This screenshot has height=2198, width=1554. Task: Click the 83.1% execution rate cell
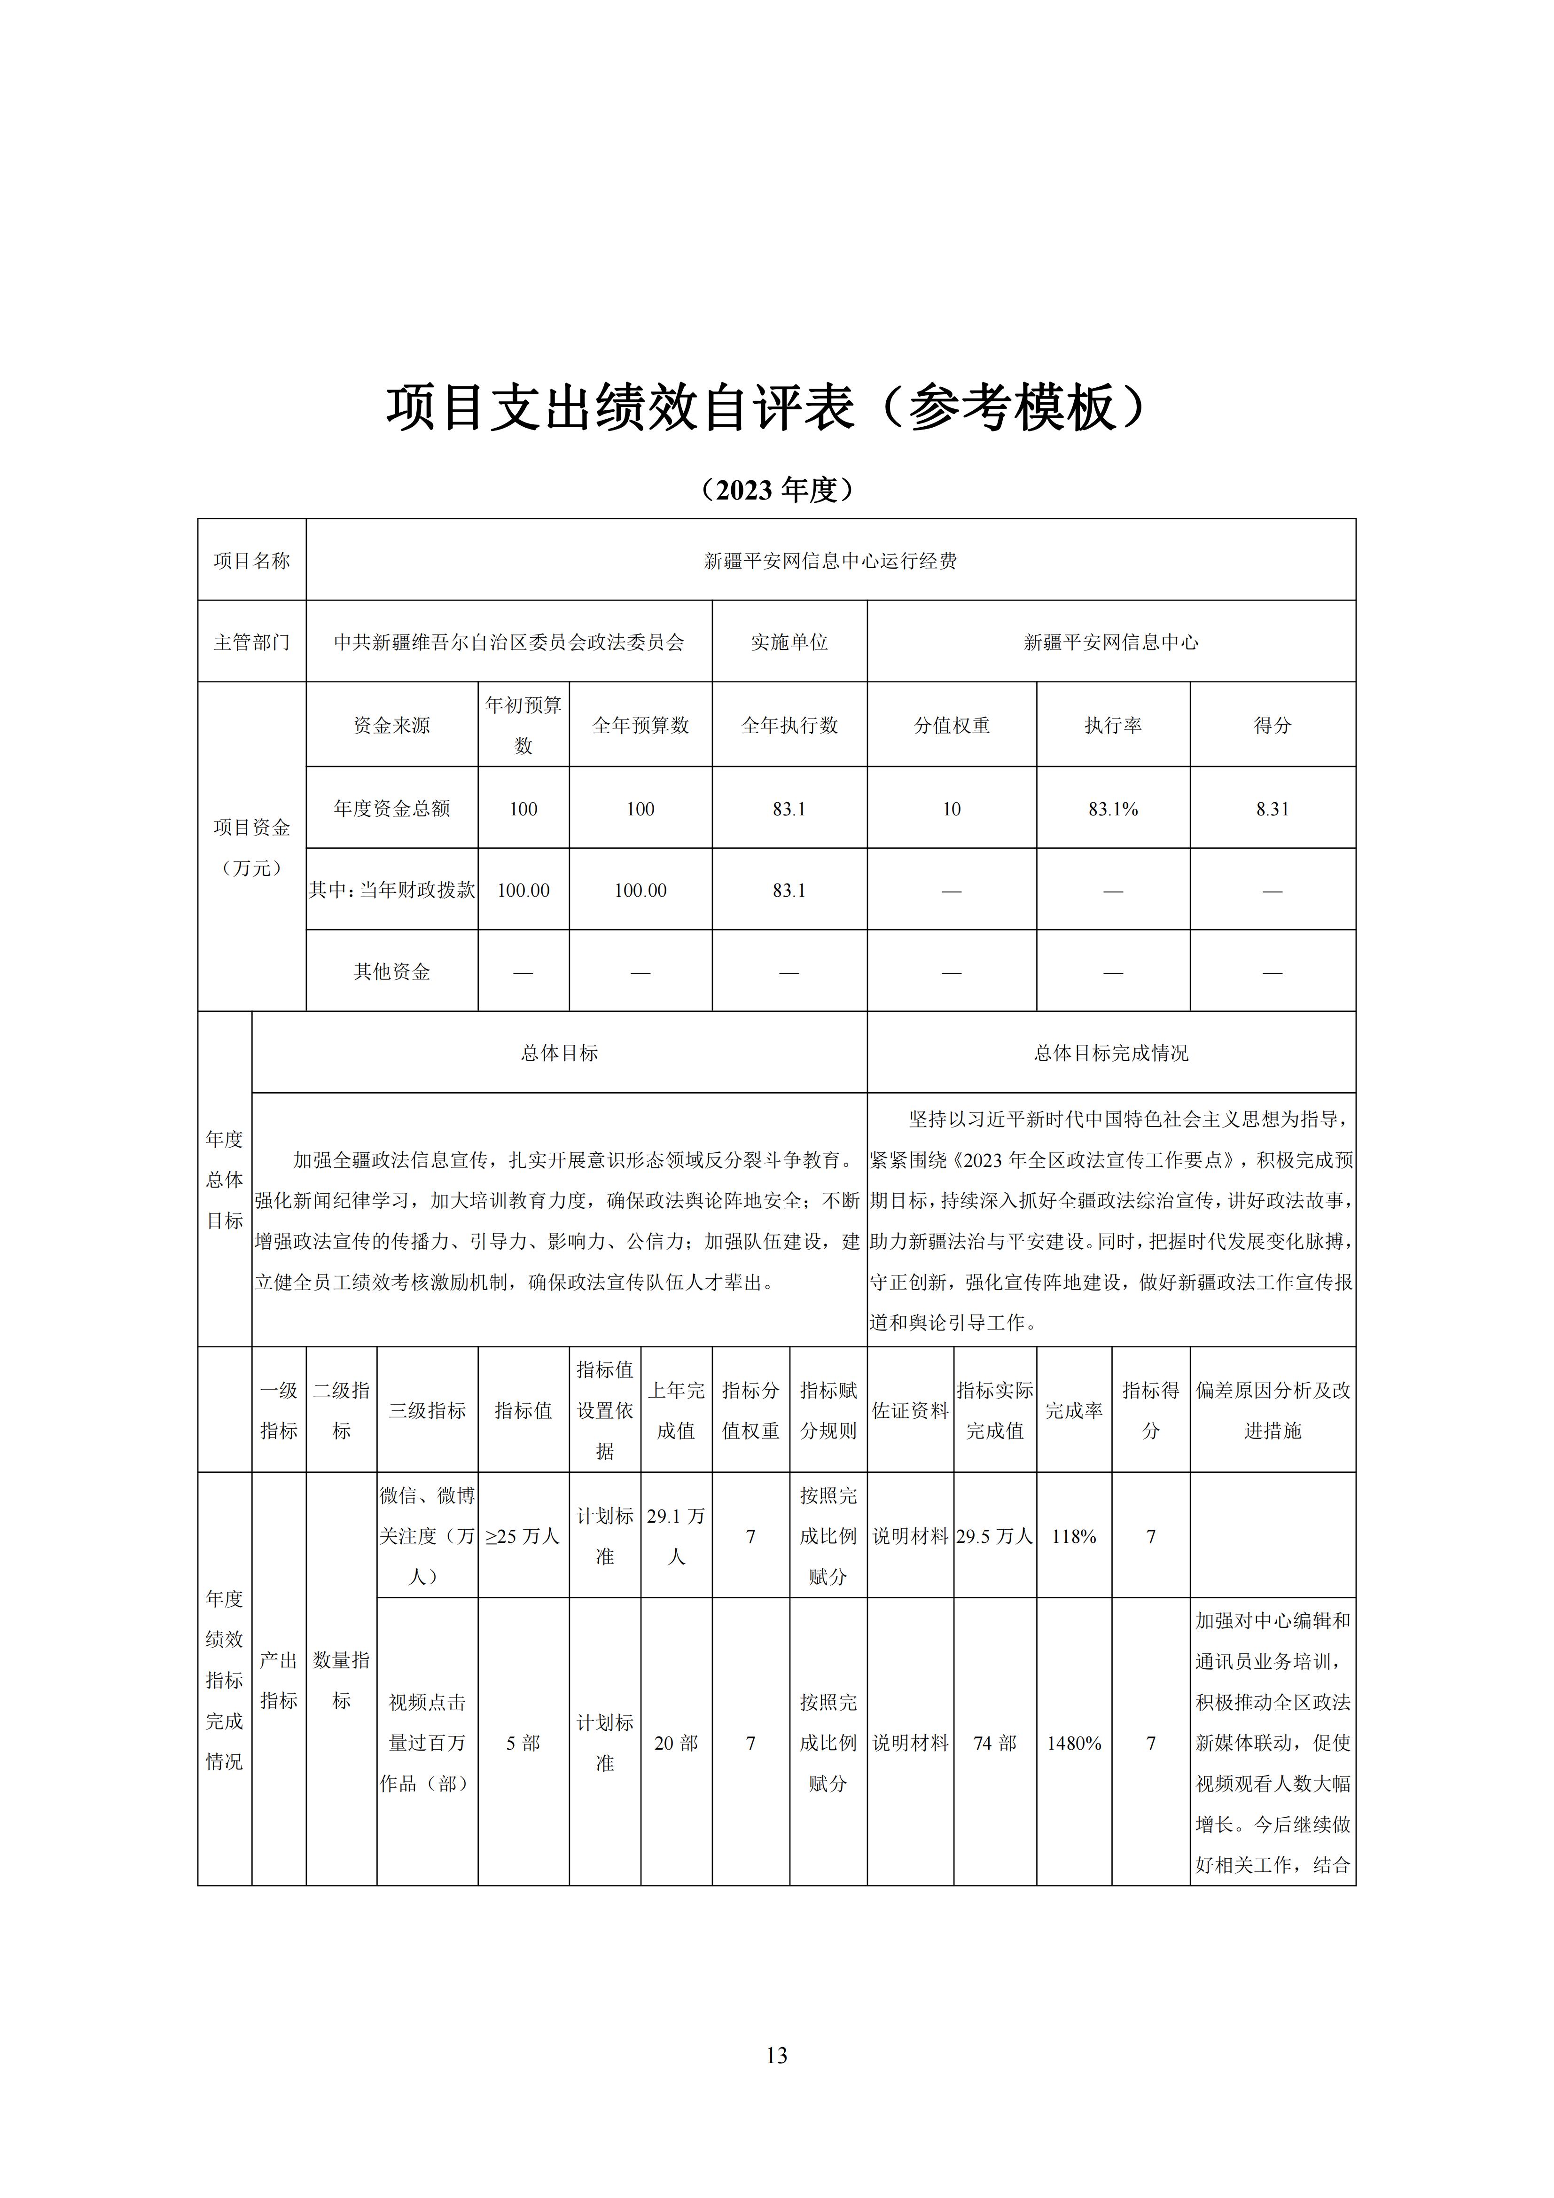point(1113,809)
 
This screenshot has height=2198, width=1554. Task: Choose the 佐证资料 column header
point(910,1410)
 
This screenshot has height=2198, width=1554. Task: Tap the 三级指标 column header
point(427,1410)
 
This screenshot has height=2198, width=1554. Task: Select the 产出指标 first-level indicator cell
point(279,1680)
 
